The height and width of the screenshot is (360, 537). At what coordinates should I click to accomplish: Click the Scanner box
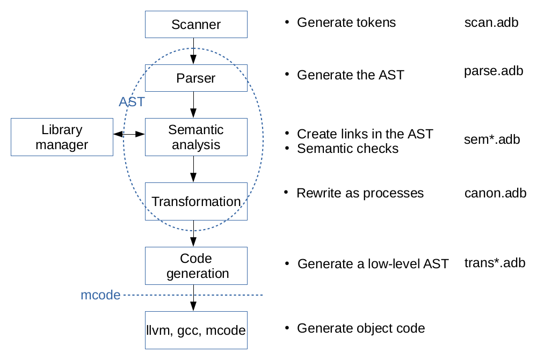click(196, 24)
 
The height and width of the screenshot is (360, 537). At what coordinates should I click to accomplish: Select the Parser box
click(196, 78)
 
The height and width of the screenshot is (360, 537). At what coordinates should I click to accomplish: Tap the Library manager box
click(62, 137)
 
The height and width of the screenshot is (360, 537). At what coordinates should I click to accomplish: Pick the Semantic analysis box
click(196, 137)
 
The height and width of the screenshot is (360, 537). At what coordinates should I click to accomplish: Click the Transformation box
click(196, 201)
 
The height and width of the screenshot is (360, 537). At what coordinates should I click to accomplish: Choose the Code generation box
click(196, 266)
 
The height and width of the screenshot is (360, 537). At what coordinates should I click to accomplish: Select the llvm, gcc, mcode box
click(196, 330)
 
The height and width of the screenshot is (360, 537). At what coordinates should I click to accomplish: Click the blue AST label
click(132, 102)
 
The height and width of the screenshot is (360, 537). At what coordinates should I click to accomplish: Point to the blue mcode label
click(100, 295)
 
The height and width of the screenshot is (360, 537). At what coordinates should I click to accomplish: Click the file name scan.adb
click(491, 23)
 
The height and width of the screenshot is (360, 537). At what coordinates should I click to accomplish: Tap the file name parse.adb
click(493, 71)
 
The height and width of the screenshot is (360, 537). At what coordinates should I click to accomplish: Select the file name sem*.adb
click(491, 139)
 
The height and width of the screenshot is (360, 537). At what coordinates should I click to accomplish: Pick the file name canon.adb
click(495, 193)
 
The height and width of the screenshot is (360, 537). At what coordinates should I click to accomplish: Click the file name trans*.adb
click(495, 263)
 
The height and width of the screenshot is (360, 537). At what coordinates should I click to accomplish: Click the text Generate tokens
click(346, 23)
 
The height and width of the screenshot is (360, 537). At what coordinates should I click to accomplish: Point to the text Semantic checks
click(347, 148)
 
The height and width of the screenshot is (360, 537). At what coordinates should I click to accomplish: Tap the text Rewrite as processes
click(360, 193)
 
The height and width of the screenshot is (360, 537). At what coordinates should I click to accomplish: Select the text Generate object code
click(361, 328)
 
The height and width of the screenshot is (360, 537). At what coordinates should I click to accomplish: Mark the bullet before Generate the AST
click(287, 74)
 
